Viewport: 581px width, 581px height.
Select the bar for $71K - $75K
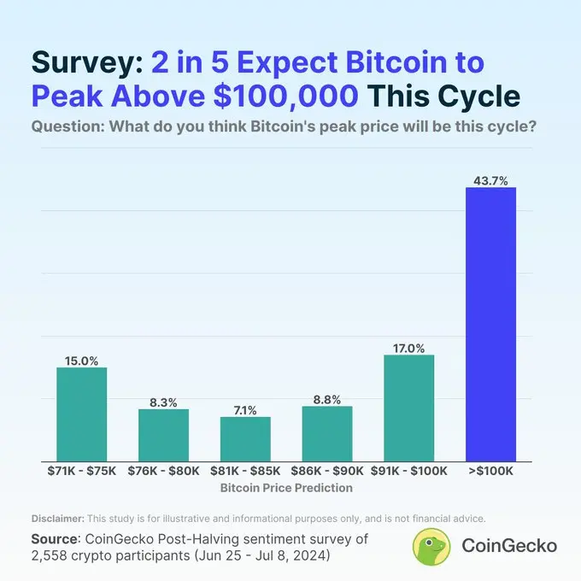(x=82, y=413)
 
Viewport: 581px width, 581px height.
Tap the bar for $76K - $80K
(x=164, y=433)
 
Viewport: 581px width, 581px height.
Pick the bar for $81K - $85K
(x=245, y=437)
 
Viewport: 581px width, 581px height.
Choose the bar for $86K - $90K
(x=327, y=432)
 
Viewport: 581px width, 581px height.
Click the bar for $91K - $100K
(x=409, y=406)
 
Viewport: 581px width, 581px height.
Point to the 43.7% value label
(x=490, y=180)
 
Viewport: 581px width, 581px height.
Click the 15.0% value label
(x=82, y=361)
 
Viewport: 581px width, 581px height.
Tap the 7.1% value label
(x=245, y=410)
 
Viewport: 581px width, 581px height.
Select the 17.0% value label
(x=409, y=348)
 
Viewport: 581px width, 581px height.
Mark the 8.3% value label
(x=164, y=402)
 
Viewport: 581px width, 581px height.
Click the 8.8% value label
(x=327, y=399)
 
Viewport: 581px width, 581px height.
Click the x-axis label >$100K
(x=490, y=470)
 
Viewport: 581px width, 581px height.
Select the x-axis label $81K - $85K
(x=245, y=470)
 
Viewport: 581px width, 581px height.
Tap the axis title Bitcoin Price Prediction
(x=286, y=488)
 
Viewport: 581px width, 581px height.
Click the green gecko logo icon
(x=431, y=546)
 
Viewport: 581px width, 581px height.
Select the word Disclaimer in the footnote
(x=57, y=519)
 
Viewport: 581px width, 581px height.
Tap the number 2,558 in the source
(x=53, y=555)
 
